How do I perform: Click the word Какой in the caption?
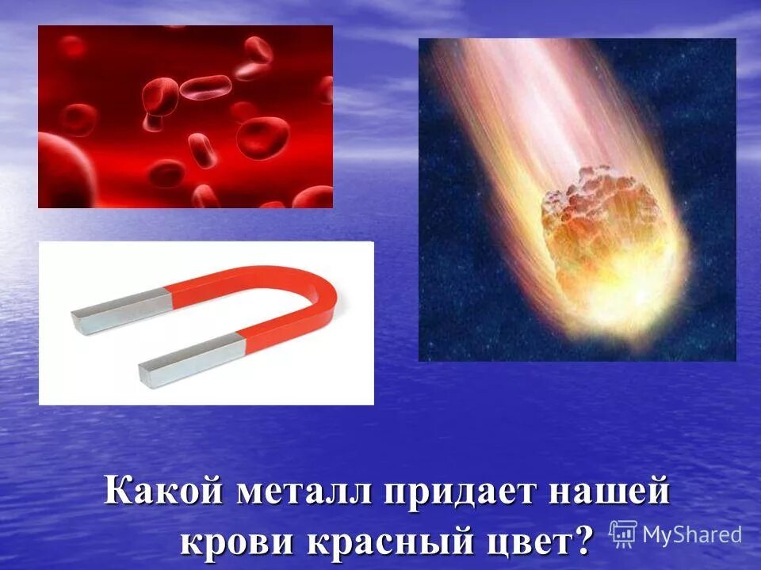click(x=162, y=494)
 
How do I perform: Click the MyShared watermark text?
click(x=692, y=534)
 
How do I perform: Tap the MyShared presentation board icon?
click(x=624, y=533)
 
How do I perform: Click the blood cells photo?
click(x=185, y=116)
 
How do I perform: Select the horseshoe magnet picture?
click(x=206, y=323)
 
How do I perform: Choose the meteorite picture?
click(x=577, y=199)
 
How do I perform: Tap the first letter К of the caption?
click(x=117, y=494)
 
